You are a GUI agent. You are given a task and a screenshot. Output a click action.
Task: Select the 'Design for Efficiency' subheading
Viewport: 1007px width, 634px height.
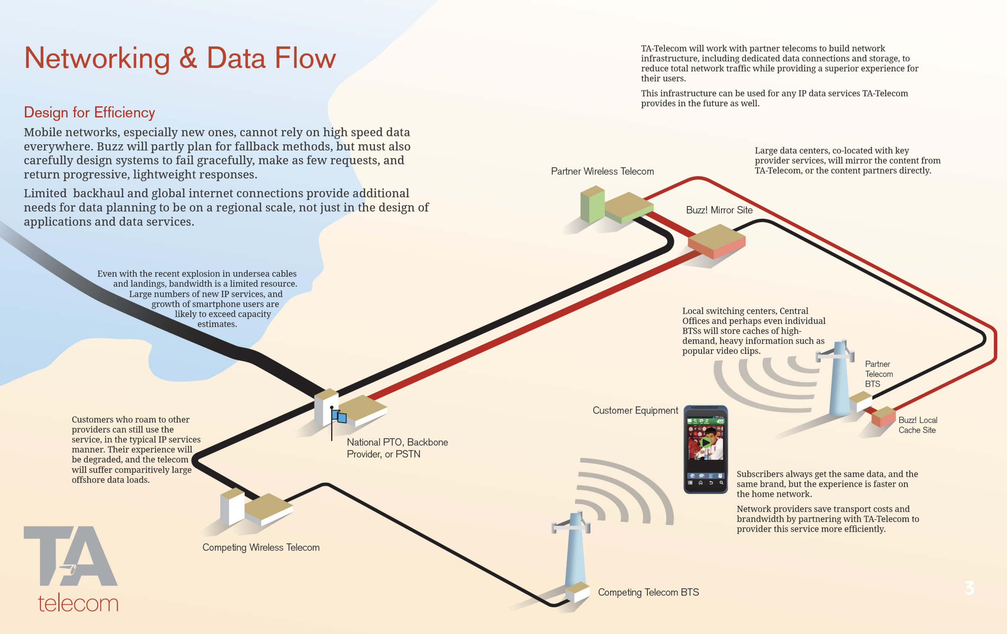(89, 112)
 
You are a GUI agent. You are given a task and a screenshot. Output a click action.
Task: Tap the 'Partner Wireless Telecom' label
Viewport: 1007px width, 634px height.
(602, 172)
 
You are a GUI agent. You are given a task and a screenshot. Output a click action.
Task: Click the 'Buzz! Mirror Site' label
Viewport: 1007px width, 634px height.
(719, 210)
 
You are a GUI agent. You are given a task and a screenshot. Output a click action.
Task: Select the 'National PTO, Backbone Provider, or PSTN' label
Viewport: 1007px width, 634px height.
(397, 448)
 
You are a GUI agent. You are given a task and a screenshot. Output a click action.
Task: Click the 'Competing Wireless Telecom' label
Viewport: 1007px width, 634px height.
(261, 547)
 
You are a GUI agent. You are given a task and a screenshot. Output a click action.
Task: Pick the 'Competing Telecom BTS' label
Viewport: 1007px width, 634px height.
(648, 592)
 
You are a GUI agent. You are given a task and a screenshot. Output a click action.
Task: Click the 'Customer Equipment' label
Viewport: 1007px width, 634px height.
(635, 410)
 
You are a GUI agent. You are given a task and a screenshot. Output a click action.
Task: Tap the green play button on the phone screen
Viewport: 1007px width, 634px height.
(705, 442)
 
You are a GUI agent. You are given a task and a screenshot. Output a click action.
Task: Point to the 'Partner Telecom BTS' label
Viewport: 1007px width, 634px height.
(879, 374)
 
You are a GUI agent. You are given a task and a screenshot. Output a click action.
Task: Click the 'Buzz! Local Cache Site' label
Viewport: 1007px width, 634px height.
(918, 425)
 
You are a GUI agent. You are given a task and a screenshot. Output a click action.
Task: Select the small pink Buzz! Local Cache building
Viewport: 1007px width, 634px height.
(884, 416)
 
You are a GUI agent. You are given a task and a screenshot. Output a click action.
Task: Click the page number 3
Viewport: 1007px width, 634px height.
(970, 588)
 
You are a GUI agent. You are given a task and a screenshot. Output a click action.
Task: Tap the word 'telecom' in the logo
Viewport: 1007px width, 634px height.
(78, 603)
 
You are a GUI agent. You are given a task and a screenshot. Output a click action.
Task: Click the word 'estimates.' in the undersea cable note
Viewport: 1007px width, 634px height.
(217, 324)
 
